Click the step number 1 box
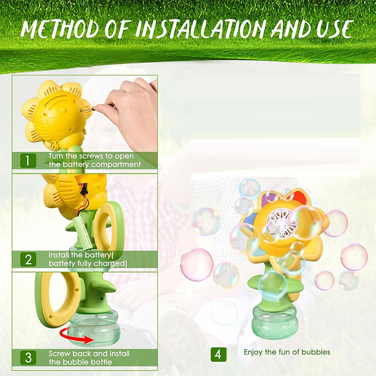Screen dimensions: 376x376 click(x=28, y=161)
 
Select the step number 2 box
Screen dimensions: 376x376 click(x=28, y=259)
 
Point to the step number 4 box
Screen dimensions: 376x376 click(x=218, y=353)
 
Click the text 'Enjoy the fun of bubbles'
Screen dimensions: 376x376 click(x=287, y=352)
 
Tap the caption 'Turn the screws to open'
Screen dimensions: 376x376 click(x=91, y=156)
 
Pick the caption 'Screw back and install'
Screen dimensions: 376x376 click(x=89, y=353)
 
